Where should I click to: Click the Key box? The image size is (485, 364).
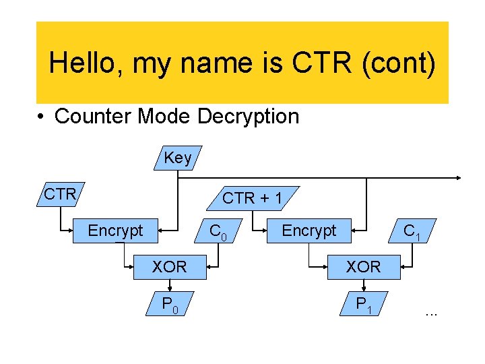[x=177, y=158]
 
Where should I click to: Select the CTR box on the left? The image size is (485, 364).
[x=60, y=194]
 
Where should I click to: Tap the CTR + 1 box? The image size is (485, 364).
[x=253, y=198]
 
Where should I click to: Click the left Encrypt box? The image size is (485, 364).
[x=116, y=231]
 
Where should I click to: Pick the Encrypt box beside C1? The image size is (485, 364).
[x=309, y=231]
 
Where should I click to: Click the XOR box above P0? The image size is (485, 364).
[x=170, y=267]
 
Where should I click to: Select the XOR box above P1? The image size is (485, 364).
[x=364, y=267]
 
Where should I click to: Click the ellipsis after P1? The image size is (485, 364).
[x=431, y=312]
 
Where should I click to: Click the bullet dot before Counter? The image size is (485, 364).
[x=42, y=117]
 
